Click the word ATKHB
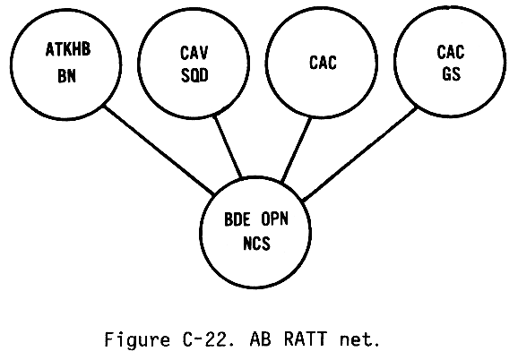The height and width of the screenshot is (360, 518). click(68, 49)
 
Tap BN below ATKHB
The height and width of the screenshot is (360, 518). click(66, 76)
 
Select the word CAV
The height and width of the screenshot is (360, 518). click(194, 53)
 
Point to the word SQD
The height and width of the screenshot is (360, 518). click(194, 75)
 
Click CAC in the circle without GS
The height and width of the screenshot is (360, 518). click(323, 63)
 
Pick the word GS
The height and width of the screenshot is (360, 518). click(452, 74)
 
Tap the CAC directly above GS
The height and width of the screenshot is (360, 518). click(451, 52)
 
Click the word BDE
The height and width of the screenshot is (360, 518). click(237, 219)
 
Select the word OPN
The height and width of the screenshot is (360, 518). click(275, 219)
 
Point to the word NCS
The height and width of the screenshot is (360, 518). click(256, 244)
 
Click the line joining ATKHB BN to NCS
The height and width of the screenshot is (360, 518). click(159, 150)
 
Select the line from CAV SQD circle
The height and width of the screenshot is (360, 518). click(228, 146)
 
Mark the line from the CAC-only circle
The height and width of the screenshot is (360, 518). click(297, 150)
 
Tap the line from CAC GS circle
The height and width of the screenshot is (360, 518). click(359, 154)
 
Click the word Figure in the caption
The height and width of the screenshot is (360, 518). click(137, 339)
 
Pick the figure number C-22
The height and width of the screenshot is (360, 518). click(205, 339)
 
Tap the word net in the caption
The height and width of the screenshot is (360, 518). click(356, 340)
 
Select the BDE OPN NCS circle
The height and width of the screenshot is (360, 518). click(201, 232)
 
